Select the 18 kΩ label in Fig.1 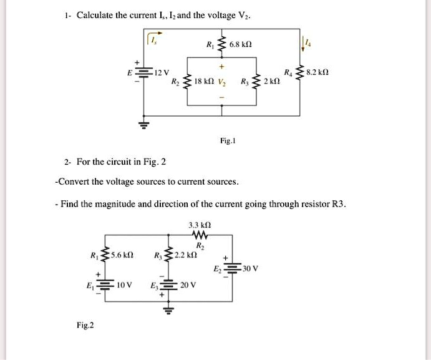tap(204, 82)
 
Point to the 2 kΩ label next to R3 tap(272, 82)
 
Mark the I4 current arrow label tap(305, 42)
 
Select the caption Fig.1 tap(226, 142)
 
